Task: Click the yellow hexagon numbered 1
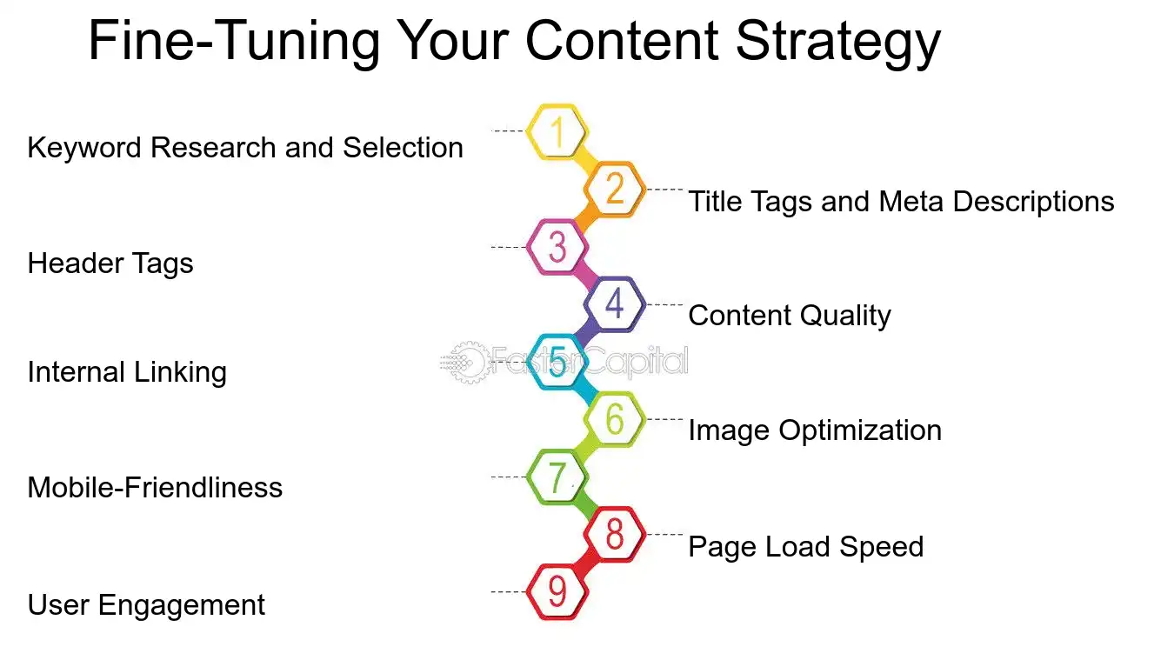click(x=557, y=132)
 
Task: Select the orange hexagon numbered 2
click(x=615, y=189)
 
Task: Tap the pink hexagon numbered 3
click(x=557, y=247)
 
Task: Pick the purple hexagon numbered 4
click(x=615, y=304)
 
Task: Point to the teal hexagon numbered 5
click(x=557, y=362)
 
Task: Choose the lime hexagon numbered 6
click(x=615, y=419)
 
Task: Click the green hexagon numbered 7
click(x=557, y=477)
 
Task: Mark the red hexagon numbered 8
click(x=615, y=534)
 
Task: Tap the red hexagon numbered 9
click(x=557, y=592)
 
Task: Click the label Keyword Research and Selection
click(x=245, y=148)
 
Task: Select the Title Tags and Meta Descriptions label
click(x=901, y=202)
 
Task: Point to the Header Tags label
click(x=110, y=263)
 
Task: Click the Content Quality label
click(x=790, y=316)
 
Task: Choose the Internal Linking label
click(x=127, y=372)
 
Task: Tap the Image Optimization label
click(x=815, y=430)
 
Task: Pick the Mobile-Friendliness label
click(x=155, y=487)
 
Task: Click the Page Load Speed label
click(x=805, y=547)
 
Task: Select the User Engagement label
click(x=146, y=604)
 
